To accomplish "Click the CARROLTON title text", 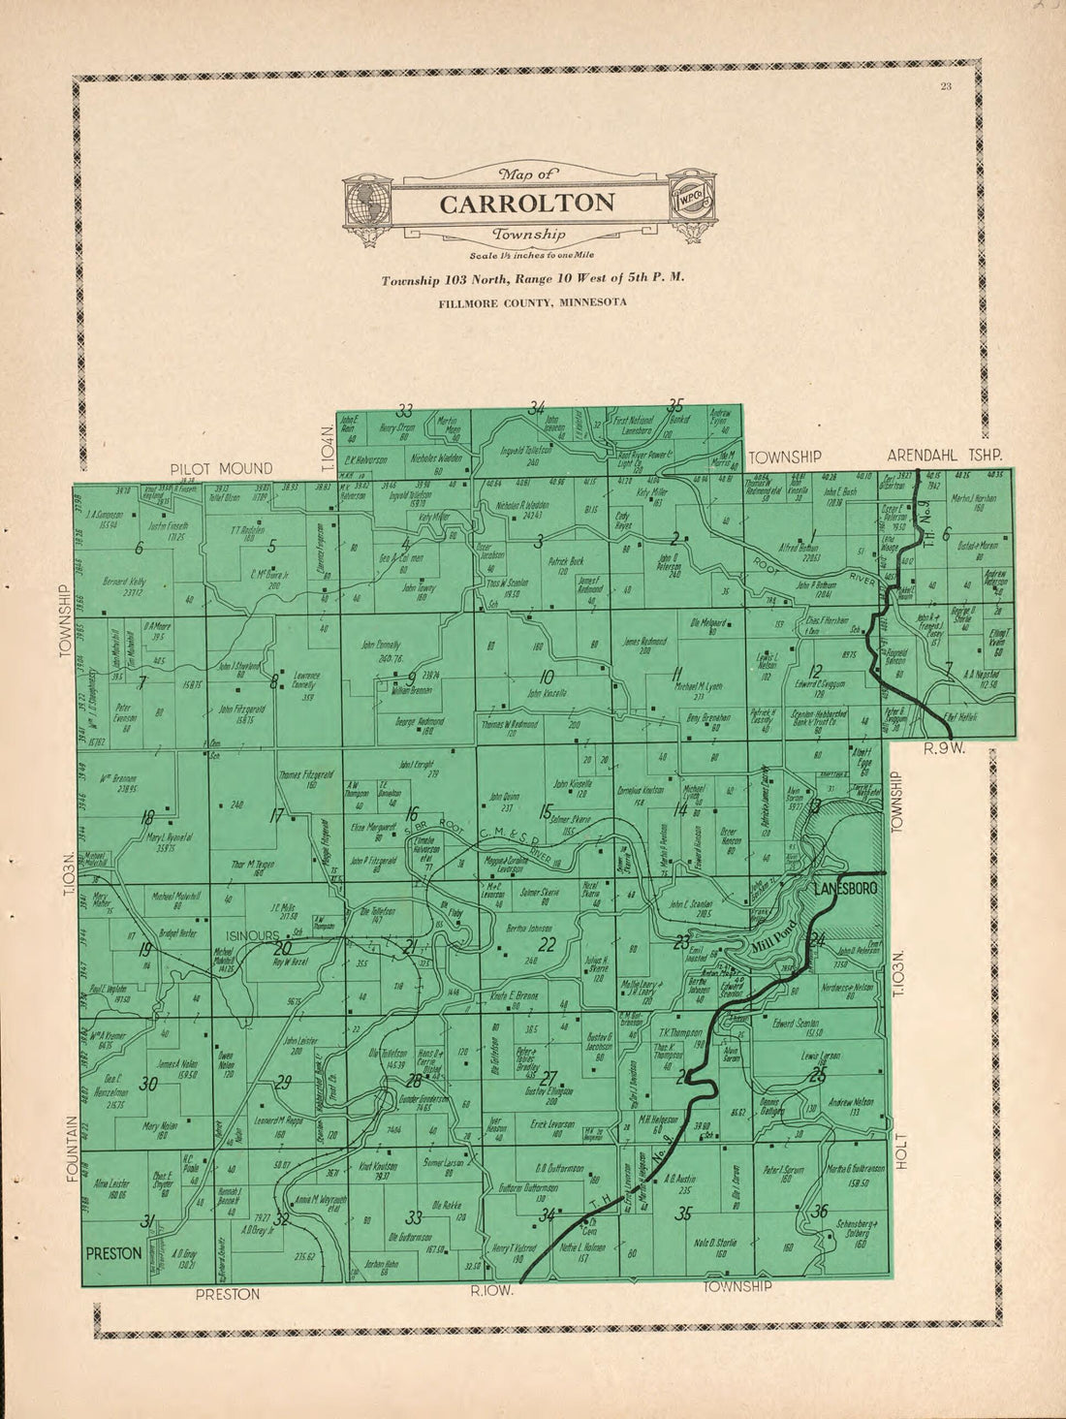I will click(526, 204).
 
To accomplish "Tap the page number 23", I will click(946, 88).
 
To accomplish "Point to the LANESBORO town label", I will click(845, 889).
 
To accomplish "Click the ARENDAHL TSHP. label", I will click(945, 455).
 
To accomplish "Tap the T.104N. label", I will click(328, 443).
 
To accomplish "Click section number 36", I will click(821, 1211).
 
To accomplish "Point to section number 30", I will click(148, 1085).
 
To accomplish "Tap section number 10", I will click(547, 677).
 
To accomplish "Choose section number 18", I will click(147, 817).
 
